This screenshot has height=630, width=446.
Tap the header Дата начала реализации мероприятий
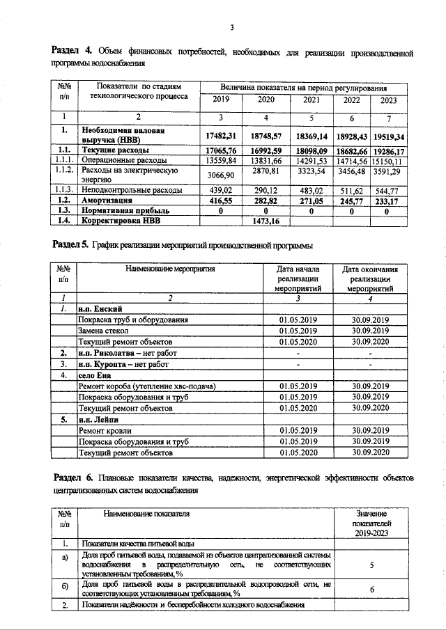click(x=298, y=278)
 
